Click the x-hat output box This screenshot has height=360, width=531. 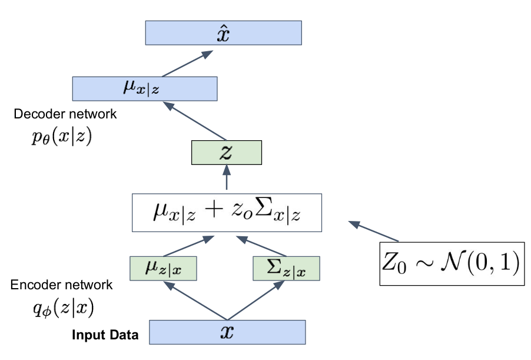click(x=224, y=33)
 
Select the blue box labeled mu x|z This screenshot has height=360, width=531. click(x=145, y=89)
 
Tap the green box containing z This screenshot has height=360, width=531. click(x=227, y=153)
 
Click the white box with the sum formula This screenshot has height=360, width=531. click(x=227, y=213)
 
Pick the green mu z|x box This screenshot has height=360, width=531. click(x=163, y=269)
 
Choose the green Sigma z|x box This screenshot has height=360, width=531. click(x=287, y=269)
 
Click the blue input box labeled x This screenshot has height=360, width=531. click(x=228, y=332)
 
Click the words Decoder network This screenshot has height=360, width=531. click(x=65, y=114)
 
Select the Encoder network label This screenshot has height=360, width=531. click(x=61, y=285)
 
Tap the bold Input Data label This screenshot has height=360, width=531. click(x=105, y=335)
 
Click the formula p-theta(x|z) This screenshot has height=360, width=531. click(x=62, y=137)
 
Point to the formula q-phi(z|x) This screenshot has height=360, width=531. click(x=64, y=308)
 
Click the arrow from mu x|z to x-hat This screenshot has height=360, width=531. click(x=188, y=64)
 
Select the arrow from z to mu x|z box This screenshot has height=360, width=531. click(x=195, y=121)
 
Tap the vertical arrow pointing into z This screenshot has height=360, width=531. click(x=227, y=177)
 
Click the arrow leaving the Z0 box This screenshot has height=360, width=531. click(x=374, y=231)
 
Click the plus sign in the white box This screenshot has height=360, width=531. click(x=214, y=210)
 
